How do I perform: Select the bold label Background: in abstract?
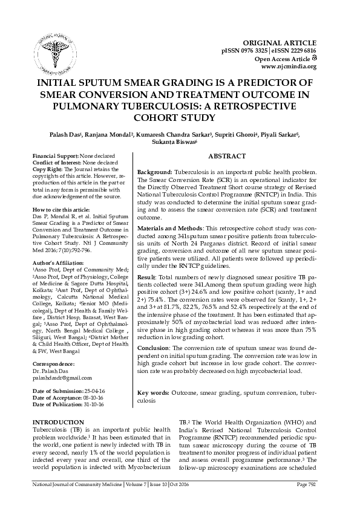click(155, 172)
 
